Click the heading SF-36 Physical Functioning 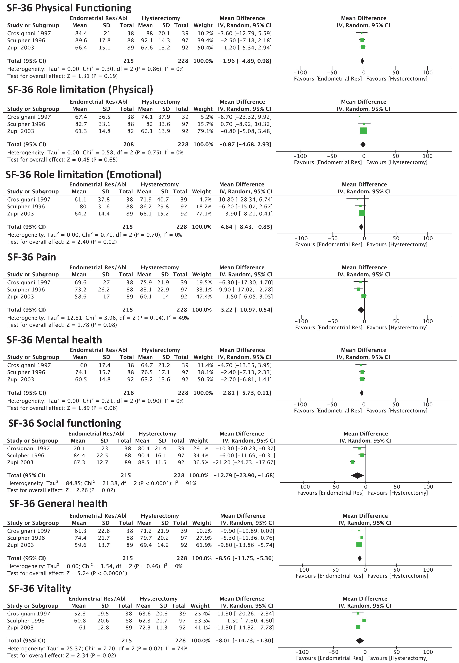pos(69,8)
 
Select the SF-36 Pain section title pos(32,257)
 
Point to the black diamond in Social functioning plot pos(358,476)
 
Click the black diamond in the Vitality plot pos(360,641)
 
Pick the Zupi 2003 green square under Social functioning pos(353,462)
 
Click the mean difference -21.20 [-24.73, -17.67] pos(244,462)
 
